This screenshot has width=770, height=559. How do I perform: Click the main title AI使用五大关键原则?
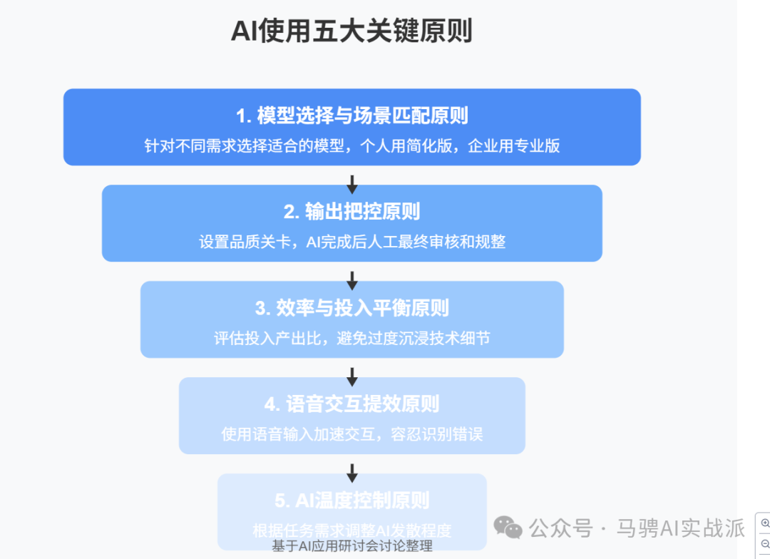351,31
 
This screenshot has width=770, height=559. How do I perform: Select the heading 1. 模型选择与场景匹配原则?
351,115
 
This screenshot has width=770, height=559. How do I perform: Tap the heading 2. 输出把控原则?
351,211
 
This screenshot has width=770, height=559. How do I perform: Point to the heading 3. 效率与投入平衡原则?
351,307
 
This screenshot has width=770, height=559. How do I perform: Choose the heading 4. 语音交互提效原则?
351,404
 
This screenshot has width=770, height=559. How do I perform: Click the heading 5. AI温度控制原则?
351,500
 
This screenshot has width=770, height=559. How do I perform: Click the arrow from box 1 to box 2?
351,183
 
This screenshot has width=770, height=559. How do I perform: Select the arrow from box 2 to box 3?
351,279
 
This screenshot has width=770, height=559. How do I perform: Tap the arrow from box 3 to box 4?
351,376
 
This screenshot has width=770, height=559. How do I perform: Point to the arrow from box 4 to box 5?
351,472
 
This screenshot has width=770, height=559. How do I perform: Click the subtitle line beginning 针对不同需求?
351,145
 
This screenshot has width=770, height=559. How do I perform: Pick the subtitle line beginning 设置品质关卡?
351,242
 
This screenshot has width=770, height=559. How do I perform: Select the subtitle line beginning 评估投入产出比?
351,338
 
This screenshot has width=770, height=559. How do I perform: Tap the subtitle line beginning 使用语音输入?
351,434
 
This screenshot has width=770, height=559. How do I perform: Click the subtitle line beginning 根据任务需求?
351,530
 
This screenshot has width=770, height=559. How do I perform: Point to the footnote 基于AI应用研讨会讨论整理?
351,547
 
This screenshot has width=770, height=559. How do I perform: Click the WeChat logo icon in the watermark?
508,528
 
